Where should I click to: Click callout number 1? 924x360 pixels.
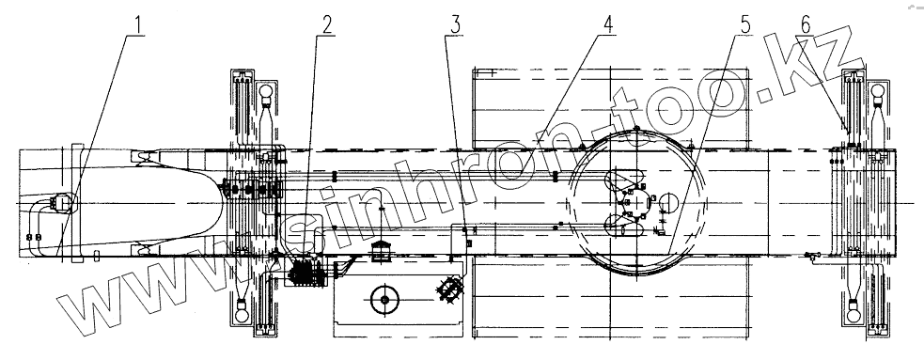[138, 25]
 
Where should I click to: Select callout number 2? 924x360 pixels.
[327, 24]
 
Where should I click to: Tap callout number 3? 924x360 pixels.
[454, 24]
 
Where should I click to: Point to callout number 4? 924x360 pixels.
[607, 24]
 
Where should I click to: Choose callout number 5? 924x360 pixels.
[744, 24]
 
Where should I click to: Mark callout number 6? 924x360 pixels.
[806, 24]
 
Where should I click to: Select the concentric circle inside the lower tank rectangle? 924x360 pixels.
[385, 300]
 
